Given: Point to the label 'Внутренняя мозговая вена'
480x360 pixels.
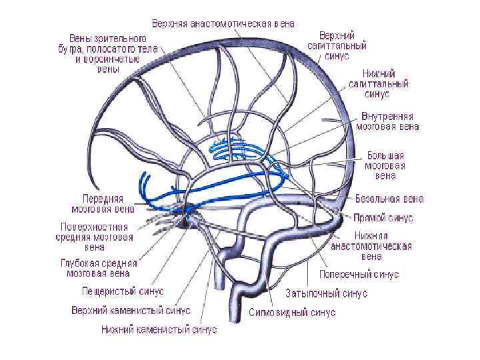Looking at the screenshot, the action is coord(387,120).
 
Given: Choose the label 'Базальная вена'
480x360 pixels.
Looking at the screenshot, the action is coord(389,199).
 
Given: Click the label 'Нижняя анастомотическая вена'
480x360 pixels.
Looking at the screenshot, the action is coord(371,245).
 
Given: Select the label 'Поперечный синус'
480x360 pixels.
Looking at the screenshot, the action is coord(359,275).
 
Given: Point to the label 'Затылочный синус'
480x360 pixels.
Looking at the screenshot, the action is coord(327,293).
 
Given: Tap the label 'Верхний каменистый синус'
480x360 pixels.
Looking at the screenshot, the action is coord(131,310).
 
